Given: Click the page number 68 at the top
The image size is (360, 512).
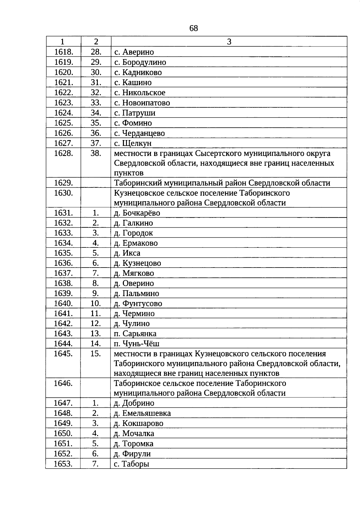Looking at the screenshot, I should point(193,28).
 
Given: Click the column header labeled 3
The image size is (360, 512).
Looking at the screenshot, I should point(229,42).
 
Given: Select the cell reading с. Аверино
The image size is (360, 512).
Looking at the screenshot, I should point(134,52).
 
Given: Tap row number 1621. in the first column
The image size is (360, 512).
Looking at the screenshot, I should point(63,82).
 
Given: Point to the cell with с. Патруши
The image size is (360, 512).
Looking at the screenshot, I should point(135,113).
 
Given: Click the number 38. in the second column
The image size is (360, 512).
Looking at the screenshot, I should point(96,153).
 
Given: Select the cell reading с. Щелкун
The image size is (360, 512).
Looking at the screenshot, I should point(133,143).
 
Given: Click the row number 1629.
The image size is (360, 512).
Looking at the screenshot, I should point(63,183).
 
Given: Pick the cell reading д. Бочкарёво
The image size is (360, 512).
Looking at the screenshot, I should point(137,213).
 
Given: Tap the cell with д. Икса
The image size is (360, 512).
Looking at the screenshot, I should point(127,253).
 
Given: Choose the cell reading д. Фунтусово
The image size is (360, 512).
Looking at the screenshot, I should point(138,304).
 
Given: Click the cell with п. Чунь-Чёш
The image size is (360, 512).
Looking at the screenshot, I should point(136,344).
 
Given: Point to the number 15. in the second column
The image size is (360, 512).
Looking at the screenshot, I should point(95,354).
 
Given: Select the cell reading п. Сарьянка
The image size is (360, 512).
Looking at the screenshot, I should point(135,334).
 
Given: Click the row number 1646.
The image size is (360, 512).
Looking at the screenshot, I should point(63,383).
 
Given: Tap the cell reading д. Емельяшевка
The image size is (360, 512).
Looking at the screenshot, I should point(142,414).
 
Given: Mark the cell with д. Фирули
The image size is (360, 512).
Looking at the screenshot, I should point(132,454).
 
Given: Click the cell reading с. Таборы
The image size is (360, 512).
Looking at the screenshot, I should point(132,464).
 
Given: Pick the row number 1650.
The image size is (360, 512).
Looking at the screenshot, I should point(63,434).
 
